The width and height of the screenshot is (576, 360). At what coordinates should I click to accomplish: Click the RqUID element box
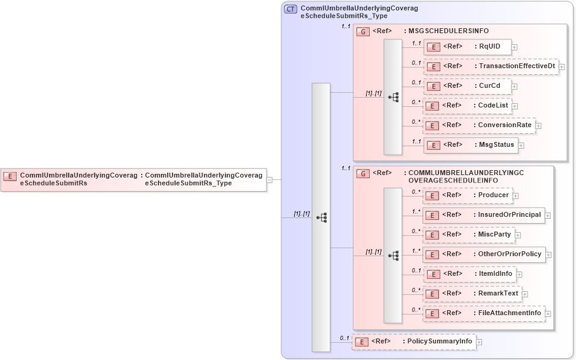467,47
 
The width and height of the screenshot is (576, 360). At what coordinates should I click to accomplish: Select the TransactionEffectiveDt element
491,66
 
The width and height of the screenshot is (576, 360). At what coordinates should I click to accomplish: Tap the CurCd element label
489,86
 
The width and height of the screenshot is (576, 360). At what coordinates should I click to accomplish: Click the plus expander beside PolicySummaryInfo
480,342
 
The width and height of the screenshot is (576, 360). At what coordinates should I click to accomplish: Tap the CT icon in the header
291,9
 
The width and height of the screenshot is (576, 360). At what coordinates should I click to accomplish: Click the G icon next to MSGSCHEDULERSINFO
364,31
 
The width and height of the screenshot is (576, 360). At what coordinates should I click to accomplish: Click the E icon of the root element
10,176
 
